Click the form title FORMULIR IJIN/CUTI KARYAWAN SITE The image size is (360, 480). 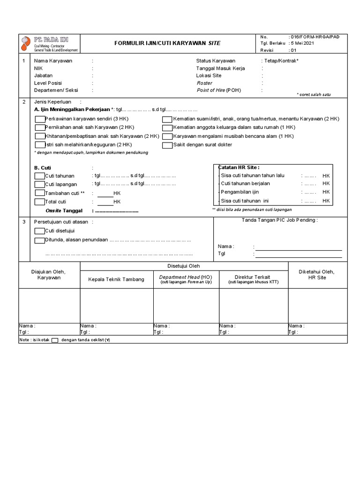(168, 43)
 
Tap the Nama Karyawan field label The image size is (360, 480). (53, 61)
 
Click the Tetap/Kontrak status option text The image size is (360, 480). (281, 61)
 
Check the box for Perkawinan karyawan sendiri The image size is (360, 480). (40, 119)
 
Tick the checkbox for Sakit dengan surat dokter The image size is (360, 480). (167, 145)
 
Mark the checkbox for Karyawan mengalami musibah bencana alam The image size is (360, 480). (167, 136)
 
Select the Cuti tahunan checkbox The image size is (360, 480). (40, 176)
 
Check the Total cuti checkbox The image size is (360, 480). (40, 202)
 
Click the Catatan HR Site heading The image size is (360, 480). (239, 167)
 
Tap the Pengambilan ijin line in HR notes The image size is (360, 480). (240, 192)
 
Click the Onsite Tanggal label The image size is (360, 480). (62, 211)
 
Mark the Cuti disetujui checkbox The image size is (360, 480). (40, 231)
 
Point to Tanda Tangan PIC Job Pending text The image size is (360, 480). (279, 220)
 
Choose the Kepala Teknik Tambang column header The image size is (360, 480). (116, 280)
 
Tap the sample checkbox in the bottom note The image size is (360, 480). (55, 340)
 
